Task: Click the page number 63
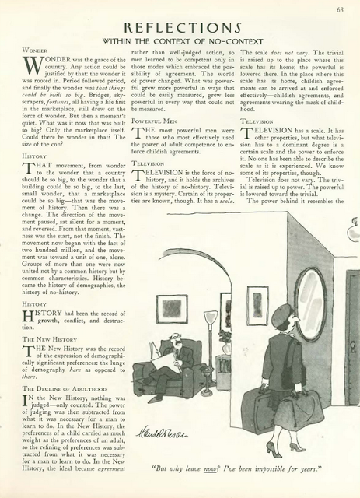click(x=340, y=9)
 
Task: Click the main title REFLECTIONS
click(x=180, y=30)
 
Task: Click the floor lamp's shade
click(x=210, y=317)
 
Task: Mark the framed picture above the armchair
click(x=171, y=308)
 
